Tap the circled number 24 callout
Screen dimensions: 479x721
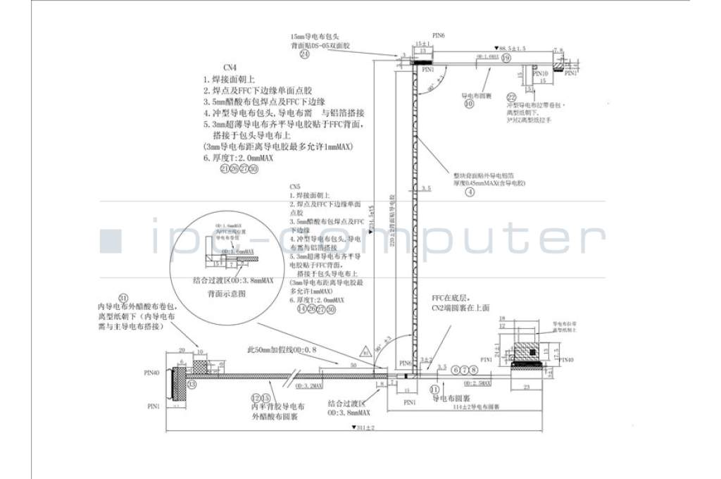[304, 54]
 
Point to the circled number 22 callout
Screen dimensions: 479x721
[512, 97]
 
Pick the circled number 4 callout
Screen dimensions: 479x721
[469, 192]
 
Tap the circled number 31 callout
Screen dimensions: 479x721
[125, 297]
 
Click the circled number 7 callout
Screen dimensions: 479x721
[465, 369]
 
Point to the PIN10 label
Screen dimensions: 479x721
[540, 73]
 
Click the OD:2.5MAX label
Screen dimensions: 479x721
[477, 382]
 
